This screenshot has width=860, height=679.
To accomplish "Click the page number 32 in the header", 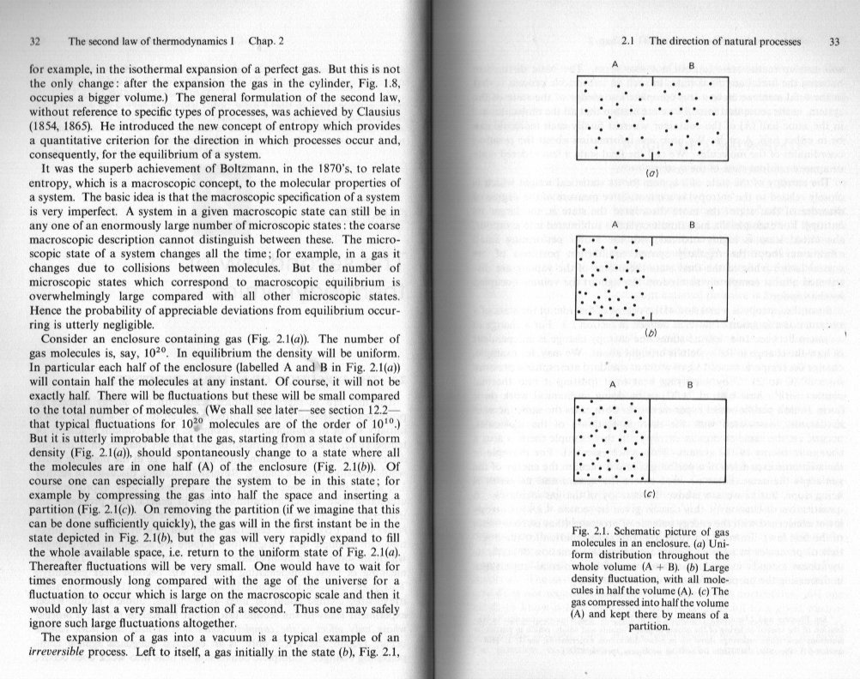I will coord(35,40).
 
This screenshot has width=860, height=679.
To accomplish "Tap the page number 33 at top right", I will coord(834,40).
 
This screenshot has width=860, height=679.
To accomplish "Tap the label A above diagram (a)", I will coord(615,64).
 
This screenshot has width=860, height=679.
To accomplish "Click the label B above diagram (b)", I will coord(691,223).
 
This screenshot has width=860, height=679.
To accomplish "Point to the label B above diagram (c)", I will coord(691,386).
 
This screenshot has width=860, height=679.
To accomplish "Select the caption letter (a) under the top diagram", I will coord(651,171).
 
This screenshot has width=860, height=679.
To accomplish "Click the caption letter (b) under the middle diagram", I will coord(651,331).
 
